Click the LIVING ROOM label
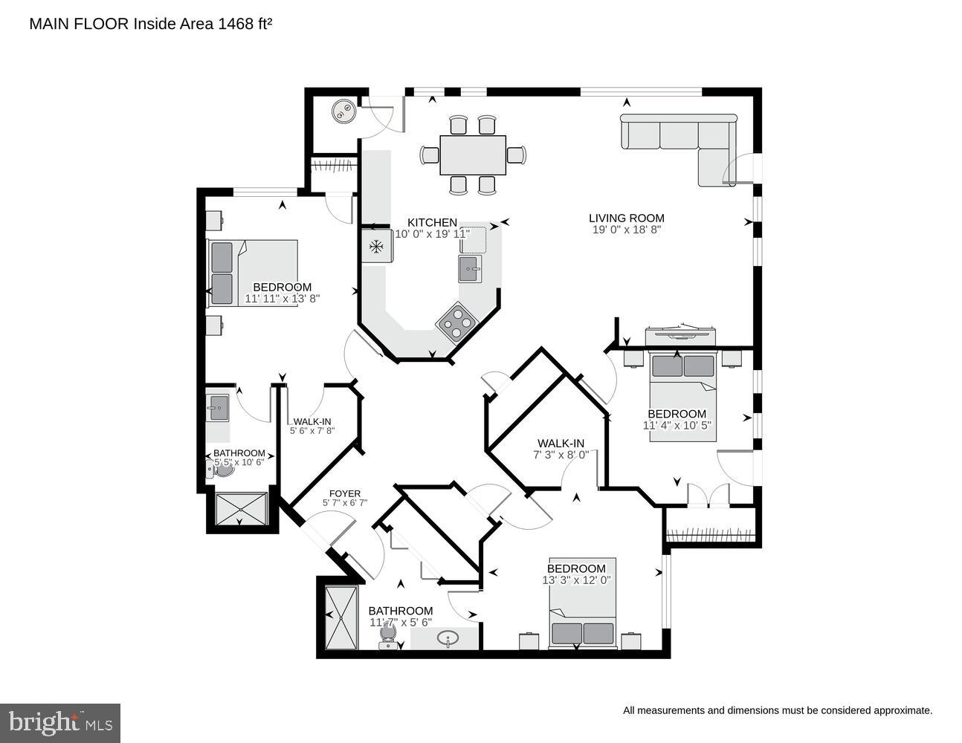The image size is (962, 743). [626, 218]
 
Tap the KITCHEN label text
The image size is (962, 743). [432, 222]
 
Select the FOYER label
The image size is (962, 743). [345, 493]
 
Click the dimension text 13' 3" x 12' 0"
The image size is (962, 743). [577, 580]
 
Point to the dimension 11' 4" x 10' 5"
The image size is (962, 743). [677, 426]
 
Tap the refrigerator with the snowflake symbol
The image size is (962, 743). [376, 247]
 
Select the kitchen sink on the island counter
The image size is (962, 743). [470, 268]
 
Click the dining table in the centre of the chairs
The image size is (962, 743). [473, 155]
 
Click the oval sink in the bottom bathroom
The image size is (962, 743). [448, 637]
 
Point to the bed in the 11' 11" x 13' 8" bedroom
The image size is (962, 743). [253, 273]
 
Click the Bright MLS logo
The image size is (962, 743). [60, 722]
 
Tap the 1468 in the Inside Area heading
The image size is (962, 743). [234, 24]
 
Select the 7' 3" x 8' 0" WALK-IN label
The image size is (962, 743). [561, 444]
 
